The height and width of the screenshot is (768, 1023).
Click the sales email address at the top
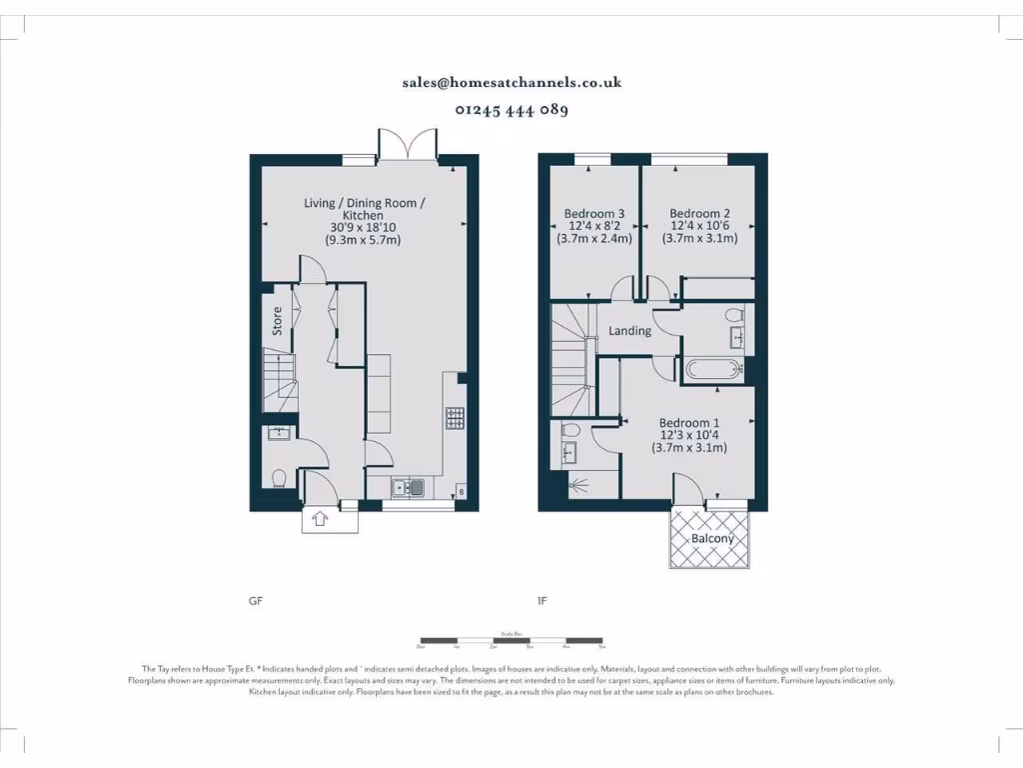point(511,83)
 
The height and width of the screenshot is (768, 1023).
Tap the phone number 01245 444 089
point(511,111)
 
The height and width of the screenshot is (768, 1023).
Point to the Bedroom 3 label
point(594,214)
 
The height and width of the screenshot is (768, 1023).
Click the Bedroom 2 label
point(699,214)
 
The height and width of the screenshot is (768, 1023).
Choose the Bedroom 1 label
point(689,423)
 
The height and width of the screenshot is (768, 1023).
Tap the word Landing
point(629,331)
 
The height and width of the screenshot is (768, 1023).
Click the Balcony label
point(712,538)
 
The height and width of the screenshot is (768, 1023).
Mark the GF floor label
point(256,602)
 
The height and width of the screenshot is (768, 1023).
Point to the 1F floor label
point(542,602)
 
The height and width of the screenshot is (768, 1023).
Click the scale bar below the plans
point(511,640)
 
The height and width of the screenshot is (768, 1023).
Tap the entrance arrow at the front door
point(321,518)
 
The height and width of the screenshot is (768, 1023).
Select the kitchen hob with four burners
point(455,418)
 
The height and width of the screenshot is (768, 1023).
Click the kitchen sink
point(409,488)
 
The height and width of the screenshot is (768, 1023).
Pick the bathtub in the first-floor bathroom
point(713,370)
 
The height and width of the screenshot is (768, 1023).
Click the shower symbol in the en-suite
point(578,487)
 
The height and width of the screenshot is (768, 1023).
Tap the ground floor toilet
point(279,478)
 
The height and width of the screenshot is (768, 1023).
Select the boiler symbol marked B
point(460,491)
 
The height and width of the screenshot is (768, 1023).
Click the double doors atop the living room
point(408,146)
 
